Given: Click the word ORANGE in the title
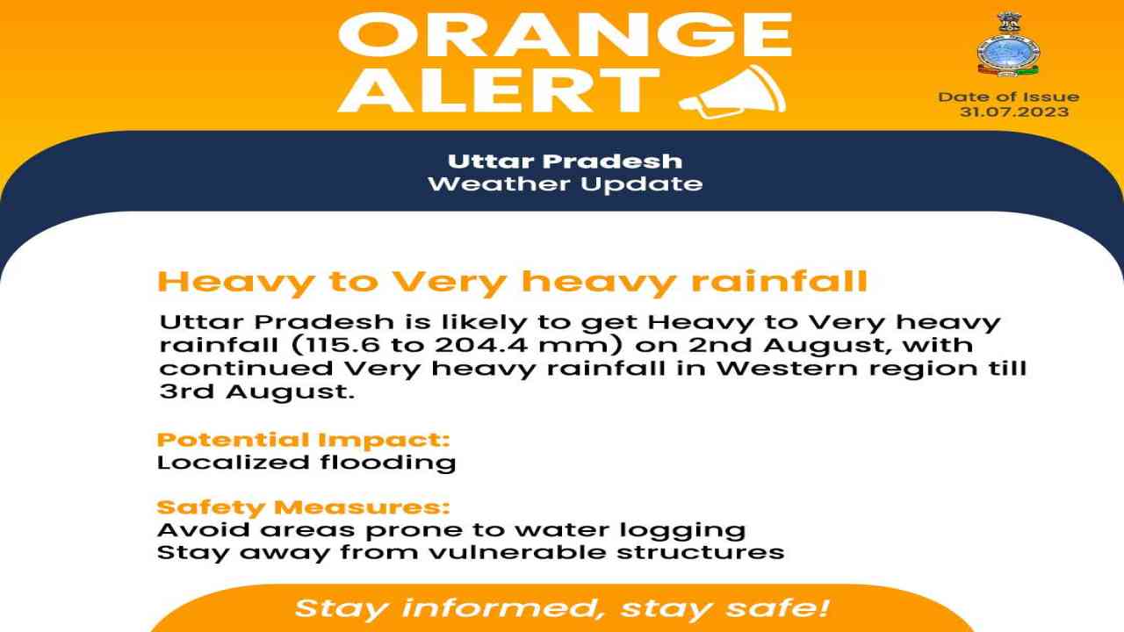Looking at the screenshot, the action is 566,34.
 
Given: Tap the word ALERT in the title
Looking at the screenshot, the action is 498,90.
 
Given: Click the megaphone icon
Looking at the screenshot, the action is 732,93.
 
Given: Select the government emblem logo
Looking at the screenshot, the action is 1009,44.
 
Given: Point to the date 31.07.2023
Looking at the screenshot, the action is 1014,111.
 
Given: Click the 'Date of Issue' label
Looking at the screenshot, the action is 1009,97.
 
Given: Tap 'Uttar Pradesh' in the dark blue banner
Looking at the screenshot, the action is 565,162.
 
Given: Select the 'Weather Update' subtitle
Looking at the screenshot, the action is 565,184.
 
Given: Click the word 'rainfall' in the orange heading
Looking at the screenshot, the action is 779,282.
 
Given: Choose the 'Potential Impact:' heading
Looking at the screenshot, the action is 304,440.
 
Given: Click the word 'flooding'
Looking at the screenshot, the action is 388,463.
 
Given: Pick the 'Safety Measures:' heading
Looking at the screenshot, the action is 303,507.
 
